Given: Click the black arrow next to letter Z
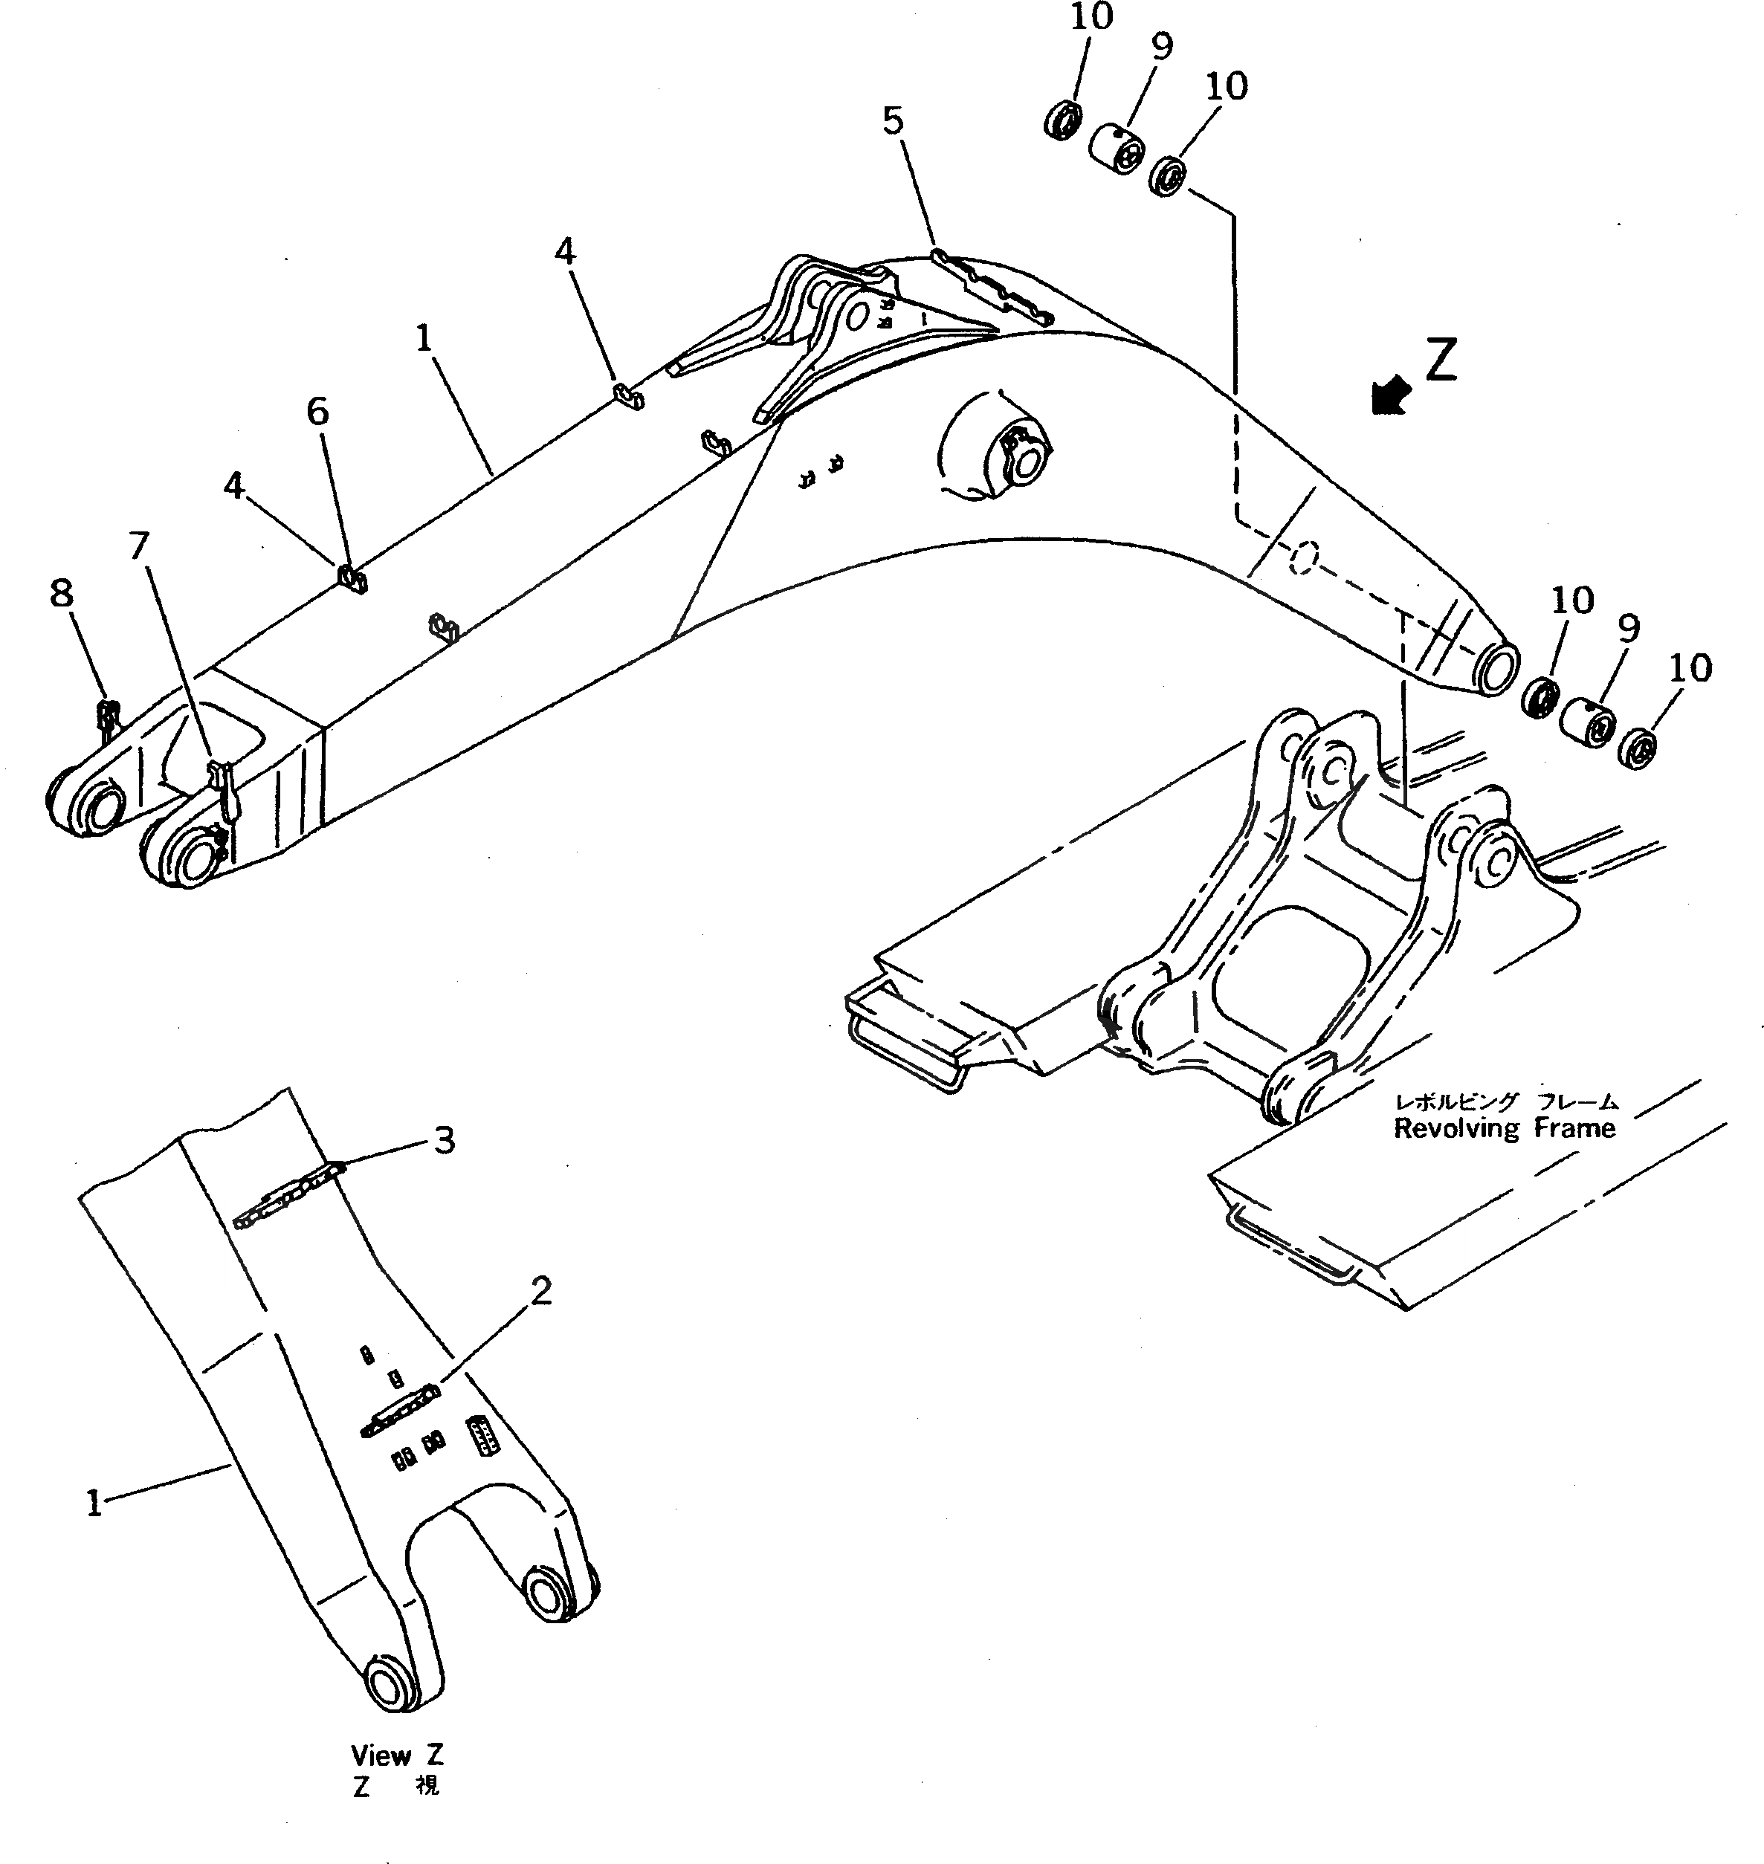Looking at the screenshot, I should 1390,395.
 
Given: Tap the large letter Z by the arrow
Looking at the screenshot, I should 1441,360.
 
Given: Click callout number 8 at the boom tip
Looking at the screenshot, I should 61,593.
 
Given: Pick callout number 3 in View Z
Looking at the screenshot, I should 444,1140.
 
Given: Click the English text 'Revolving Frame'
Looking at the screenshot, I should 1504,1128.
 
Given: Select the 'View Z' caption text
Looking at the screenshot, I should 397,1754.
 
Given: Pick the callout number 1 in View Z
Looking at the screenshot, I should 93,1505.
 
